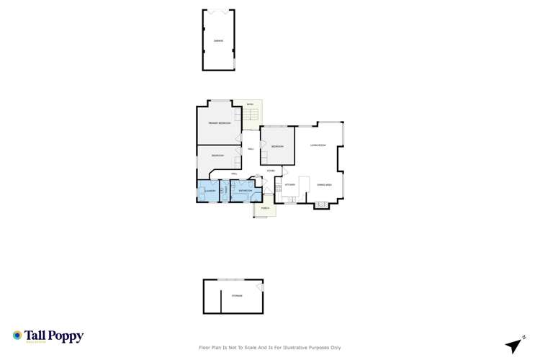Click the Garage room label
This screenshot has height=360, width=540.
point(218,41)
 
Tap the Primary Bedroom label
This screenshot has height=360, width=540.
point(220,124)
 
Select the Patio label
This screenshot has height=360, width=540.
point(250,105)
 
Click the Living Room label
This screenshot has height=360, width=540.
point(318,145)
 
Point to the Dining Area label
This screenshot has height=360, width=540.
point(324,185)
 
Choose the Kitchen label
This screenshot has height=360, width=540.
point(290,185)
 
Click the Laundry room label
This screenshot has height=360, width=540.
point(210,191)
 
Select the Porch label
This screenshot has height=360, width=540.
point(265,209)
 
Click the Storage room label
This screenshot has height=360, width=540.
point(237,296)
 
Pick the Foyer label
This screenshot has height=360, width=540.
point(270,171)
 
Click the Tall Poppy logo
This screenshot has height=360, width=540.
point(48,336)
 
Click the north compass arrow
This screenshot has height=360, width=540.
point(513,346)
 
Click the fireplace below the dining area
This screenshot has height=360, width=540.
point(322,205)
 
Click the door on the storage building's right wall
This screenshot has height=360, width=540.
point(261,288)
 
